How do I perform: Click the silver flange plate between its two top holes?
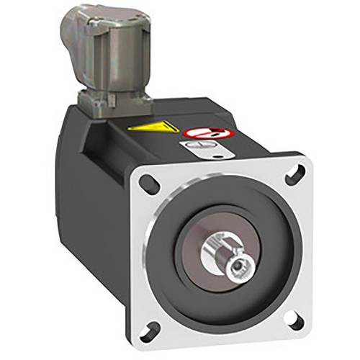click(223, 173)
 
